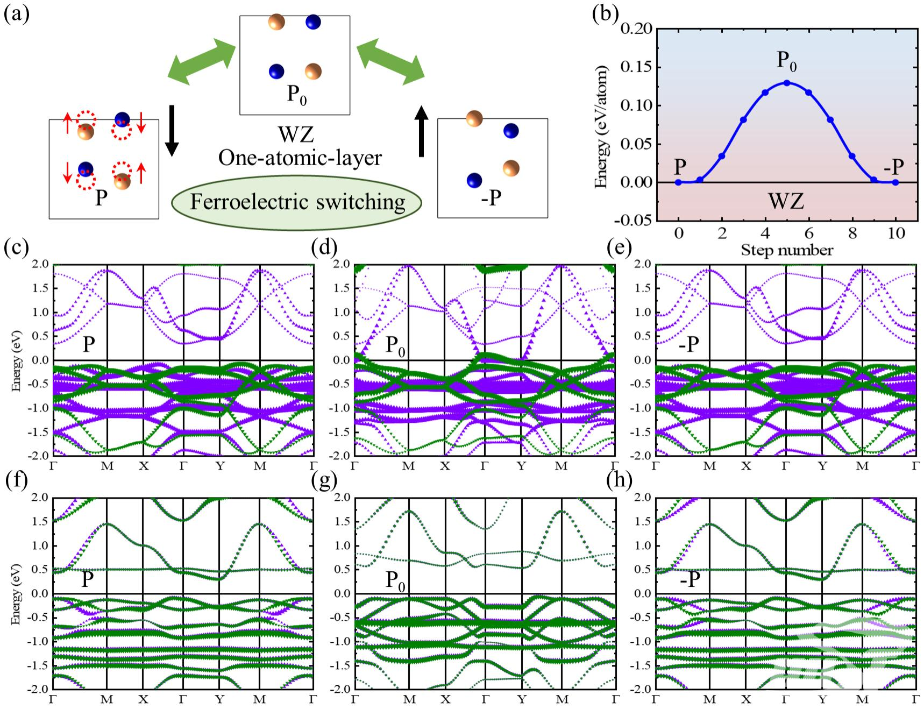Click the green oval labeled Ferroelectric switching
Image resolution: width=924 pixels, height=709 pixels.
tap(296, 202)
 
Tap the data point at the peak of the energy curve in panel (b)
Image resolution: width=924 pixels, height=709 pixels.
tap(786, 83)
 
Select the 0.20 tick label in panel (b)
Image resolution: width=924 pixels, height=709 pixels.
tap(636, 29)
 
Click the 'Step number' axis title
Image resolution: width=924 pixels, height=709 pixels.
tap(786, 250)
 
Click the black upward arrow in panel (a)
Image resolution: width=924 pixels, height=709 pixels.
tap(422, 131)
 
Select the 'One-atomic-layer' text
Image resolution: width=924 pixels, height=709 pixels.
tap(300, 158)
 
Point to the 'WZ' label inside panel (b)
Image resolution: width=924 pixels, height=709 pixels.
tap(786, 202)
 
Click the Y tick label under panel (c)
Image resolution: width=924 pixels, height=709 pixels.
tap(219, 466)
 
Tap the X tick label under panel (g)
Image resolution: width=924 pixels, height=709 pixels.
tap(445, 699)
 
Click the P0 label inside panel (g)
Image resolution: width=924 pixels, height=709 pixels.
tap(395, 580)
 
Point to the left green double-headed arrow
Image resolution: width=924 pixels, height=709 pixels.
tap(202, 61)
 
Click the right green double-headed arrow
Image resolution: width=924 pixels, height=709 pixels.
tap(390, 61)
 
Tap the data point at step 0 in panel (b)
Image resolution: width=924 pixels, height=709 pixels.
tap(678, 182)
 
